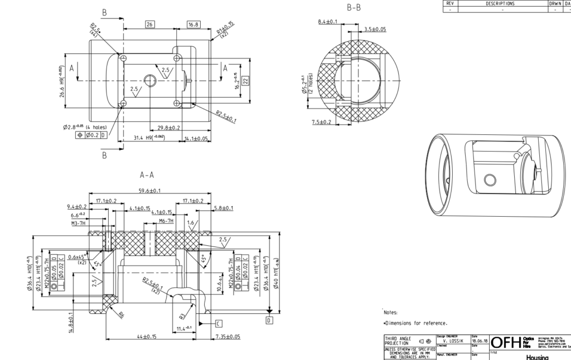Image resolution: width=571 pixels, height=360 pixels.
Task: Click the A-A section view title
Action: point(147,175)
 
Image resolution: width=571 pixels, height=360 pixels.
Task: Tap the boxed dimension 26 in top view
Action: point(149,25)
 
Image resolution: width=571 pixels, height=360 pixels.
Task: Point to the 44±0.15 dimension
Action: point(146,336)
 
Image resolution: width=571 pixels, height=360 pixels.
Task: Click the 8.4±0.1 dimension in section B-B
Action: point(327,21)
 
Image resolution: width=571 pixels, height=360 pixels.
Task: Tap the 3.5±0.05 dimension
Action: point(375,28)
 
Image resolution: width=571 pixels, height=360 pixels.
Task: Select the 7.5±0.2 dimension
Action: point(322,121)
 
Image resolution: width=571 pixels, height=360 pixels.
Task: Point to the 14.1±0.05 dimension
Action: point(196,138)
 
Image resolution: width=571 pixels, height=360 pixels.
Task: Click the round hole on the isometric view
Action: point(490,180)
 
